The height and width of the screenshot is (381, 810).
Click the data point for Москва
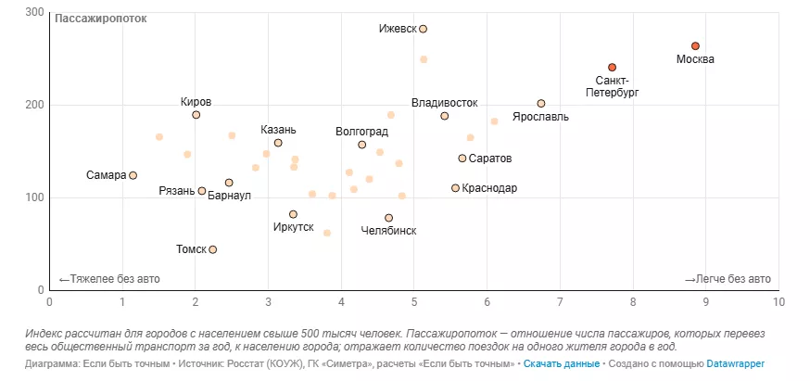[x=695, y=46]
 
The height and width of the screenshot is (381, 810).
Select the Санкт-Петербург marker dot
[x=613, y=68]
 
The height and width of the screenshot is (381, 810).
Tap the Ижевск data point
[x=423, y=30]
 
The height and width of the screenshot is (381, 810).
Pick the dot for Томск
[x=213, y=249]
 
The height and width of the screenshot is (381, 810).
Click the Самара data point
[x=133, y=175]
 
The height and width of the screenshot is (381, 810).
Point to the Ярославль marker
[x=541, y=104]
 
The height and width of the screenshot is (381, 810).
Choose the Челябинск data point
[x=388, y=218]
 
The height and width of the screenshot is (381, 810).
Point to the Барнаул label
[x=229, y=196]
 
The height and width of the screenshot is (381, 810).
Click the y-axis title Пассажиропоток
[x=101, y=19]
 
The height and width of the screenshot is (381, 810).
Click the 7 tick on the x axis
[x=560, y=301]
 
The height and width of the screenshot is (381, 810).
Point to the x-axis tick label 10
[x=778, y=301]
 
